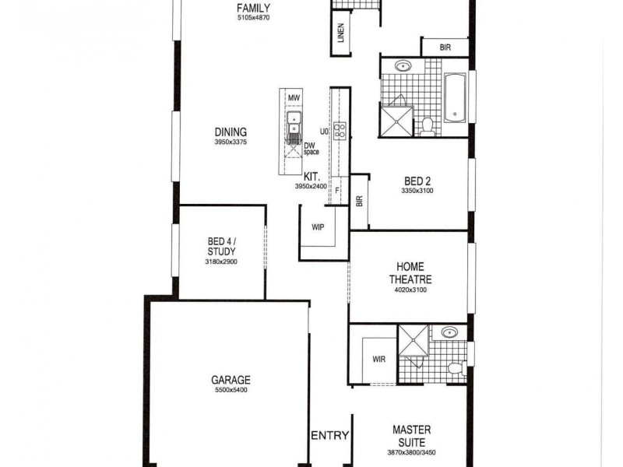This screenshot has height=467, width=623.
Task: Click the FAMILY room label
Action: point(254,9)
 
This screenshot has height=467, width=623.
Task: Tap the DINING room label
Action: point(231,132)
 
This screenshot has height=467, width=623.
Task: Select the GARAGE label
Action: point(231,381)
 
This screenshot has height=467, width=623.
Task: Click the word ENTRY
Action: point(329,436)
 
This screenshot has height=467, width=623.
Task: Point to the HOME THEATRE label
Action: point(410,272)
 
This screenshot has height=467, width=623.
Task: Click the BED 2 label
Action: point(417,181)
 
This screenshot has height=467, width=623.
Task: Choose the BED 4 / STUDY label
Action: point(222,247)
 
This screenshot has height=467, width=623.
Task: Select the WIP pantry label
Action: point(318,228)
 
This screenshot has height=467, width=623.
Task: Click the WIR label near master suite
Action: point(379,360)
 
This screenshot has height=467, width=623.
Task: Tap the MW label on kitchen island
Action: point(294,98)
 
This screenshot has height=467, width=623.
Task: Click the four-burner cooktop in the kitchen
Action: point(340,131)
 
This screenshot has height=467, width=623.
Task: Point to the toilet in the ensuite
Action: point(456,367)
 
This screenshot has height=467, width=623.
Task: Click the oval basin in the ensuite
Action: point(449,332)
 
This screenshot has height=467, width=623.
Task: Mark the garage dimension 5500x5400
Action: point(231,390)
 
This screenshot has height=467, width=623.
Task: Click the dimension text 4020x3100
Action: point(410,290)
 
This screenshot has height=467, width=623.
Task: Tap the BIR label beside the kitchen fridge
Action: point(359,200)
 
